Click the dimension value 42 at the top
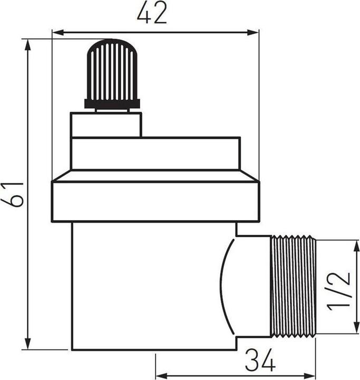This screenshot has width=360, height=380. point(152,14)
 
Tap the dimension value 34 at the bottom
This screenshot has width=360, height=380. point(260,362)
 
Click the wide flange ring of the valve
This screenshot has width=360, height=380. point(155,201)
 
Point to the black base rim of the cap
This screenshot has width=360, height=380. point(112,104)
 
